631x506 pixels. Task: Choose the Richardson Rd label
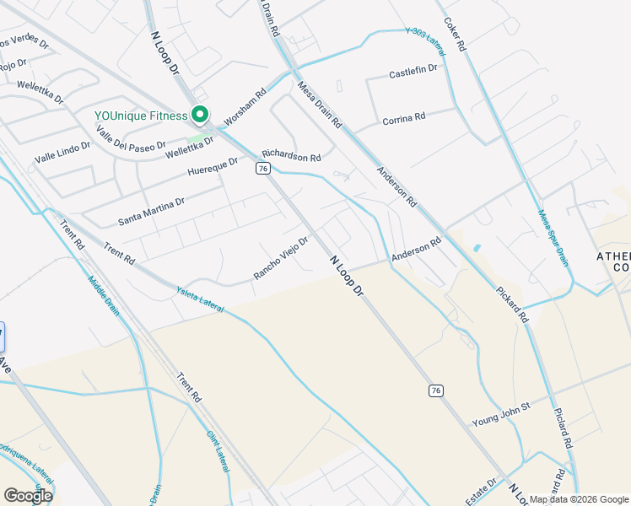291,156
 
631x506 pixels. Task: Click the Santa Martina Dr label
151,211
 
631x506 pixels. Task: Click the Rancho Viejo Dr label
281,257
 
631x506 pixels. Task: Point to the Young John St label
500,413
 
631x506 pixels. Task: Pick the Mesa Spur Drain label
553,239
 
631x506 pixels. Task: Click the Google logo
28,496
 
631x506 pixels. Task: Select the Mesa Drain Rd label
319,105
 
